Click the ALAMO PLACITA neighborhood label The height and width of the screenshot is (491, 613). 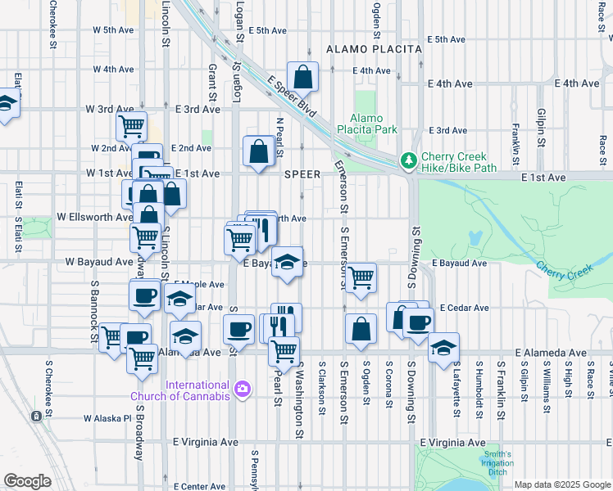[374, 49]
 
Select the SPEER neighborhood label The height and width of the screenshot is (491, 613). [302, 174]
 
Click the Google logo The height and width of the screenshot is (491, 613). [27, 481]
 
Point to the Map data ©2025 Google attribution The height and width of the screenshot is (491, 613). [561, 484]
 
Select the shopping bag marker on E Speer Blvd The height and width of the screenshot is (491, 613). [302, 77]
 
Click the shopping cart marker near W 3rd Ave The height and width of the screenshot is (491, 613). [131, 126]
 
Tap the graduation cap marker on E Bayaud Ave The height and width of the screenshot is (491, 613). [286, 262]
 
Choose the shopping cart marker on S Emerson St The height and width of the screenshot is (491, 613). [361, 278]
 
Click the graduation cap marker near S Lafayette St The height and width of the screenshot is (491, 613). [443, 347]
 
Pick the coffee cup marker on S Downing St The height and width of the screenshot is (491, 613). [418, 321]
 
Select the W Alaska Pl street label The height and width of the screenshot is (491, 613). [105, 417]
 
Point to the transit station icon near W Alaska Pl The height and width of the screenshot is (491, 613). [36, 417]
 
